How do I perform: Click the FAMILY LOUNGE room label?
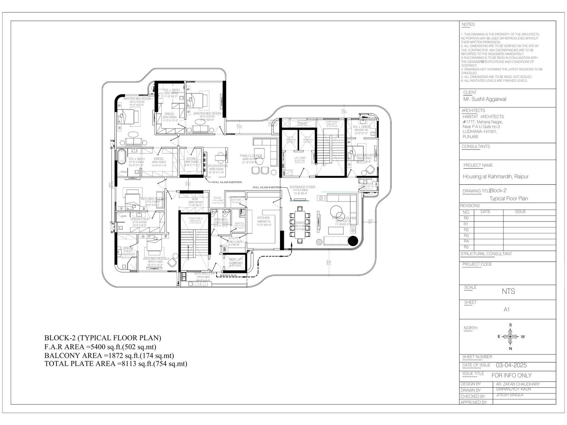251,156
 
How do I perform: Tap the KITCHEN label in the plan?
263,218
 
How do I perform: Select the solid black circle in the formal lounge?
353,241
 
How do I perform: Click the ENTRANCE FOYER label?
302,187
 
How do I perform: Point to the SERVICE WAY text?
228,275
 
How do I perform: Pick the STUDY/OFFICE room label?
218,166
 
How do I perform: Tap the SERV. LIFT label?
235,260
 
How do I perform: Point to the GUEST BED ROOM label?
366,155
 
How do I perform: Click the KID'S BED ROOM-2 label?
156,259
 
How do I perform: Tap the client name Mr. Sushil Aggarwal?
484,99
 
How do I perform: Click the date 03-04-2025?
511,365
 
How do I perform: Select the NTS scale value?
508,291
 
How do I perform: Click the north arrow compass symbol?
510,336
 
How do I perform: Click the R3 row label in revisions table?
466,236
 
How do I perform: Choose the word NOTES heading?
468,24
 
